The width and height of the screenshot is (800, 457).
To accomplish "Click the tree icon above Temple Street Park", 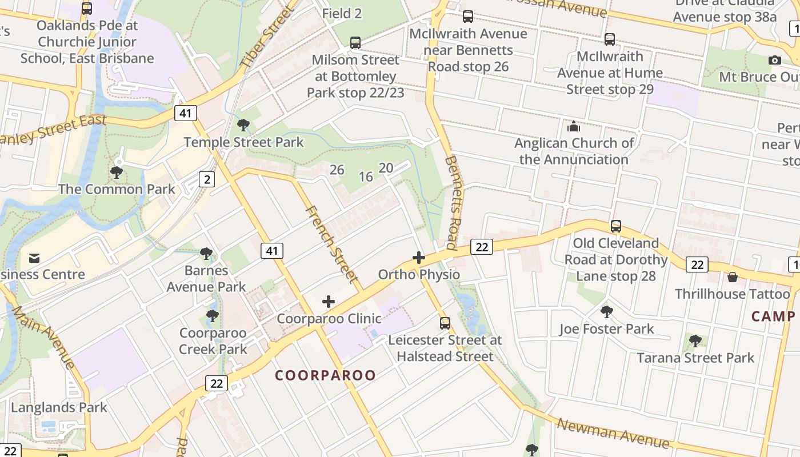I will [243, 125].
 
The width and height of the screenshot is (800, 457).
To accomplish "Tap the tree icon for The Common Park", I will [117, 172].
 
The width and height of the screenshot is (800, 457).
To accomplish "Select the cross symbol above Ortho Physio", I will [419, 258].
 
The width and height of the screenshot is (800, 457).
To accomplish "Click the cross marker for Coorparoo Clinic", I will [329, 302].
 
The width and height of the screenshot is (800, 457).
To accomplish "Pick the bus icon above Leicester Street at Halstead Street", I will [445, 323].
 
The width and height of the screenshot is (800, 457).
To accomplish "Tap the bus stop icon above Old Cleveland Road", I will [615, 226].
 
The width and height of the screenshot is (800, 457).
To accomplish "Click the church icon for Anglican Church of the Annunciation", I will [574, 126].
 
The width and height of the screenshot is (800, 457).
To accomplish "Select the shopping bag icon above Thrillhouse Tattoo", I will [733, 277].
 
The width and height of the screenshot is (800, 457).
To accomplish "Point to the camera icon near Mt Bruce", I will [775, 60].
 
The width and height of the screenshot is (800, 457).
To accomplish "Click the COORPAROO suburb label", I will [326, 375].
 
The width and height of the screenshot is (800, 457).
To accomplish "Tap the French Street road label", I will [333, 244].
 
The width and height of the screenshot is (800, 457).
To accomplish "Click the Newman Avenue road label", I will [613, 432].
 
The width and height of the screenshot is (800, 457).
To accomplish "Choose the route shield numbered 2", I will [207, 179].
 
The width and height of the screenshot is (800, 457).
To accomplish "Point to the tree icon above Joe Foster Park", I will [607, 312].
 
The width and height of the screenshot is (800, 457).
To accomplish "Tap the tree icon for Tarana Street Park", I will [695, 341].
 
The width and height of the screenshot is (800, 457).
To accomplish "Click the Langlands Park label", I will [59, 407].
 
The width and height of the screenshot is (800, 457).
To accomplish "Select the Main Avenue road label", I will [43, 337].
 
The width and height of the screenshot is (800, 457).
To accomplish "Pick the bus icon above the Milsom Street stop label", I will [355, 42].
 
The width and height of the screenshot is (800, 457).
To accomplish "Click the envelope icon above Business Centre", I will [34, 258].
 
